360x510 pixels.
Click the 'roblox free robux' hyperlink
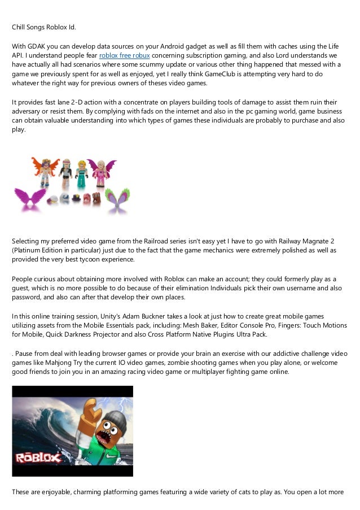tap(125, 55)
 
